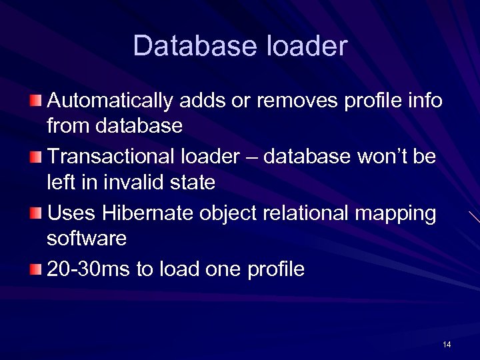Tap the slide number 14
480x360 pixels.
[x=447, y=344]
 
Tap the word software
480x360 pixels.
[x=87, y=238]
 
